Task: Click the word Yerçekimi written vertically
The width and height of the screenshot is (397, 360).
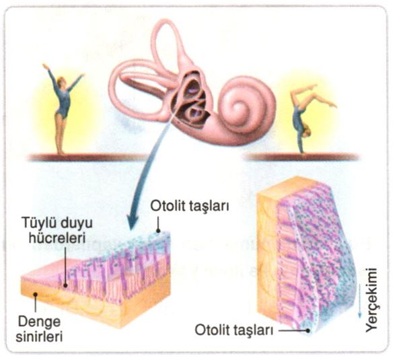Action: tap(371, 299)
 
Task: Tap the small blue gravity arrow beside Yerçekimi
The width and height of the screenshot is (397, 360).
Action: tap(359, 301)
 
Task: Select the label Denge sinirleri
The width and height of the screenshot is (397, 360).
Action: tap(39, 329)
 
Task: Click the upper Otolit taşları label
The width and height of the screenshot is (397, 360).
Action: tap(190, 207)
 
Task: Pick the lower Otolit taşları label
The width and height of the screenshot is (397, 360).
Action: tap(234, 330)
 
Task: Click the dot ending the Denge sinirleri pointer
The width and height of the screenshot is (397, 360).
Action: tap(36, 294)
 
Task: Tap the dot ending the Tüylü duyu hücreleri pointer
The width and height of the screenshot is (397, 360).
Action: tap(65, 285)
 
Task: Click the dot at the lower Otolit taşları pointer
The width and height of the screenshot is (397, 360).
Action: tap(308, 330)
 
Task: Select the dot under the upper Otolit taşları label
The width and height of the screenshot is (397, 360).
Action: tap(158, 231)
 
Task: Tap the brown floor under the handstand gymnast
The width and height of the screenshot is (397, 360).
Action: tap(301, 157)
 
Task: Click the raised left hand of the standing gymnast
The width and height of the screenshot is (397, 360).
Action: tap(45, 67)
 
